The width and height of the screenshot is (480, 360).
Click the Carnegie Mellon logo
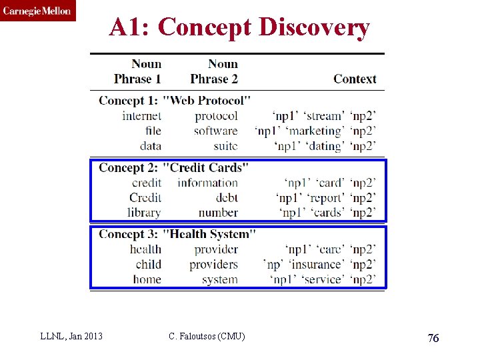pos(37,11)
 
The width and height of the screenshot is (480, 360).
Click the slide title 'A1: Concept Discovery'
pos(239,27)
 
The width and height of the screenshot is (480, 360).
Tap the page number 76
pos(433,338)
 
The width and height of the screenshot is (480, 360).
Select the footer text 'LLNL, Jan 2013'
pos(72,336)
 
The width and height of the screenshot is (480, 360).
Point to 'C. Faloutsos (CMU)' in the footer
pos(207,336)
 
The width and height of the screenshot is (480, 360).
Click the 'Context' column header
pos(355,79)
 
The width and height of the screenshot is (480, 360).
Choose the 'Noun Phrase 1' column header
pos(138,71)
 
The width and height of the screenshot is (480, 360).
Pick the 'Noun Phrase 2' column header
pos(214,71)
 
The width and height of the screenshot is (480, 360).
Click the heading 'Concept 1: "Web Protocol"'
pos(175,101)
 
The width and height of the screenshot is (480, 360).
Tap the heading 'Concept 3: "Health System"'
pos(177,234)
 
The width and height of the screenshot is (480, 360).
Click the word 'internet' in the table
pos(141,116)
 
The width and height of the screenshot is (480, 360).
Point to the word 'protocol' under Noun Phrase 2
pos(216,116)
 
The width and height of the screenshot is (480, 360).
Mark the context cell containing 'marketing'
pos(315,131)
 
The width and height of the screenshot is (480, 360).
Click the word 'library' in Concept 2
pos(144,213)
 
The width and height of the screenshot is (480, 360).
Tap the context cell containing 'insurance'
pos(319,264)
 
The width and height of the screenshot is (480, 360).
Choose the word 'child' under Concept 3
pos(148,264)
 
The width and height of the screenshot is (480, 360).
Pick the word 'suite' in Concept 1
pos(225,145)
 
